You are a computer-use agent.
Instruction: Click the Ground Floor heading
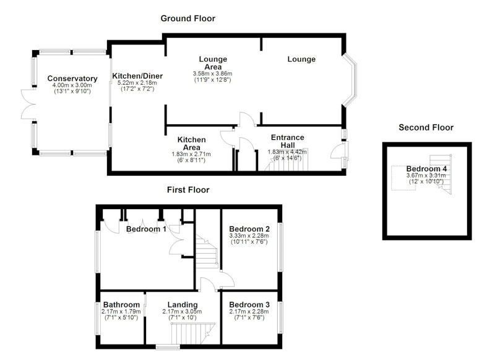(x=188, y=19)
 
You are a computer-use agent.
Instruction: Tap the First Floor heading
(x=188, y=190)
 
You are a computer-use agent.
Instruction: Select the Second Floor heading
(x=426, y=127)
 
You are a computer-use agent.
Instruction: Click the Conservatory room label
(x=72, y=78)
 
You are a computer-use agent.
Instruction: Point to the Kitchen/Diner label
(x=137, y=76)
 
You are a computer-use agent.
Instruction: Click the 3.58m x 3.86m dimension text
(x=212, y=74)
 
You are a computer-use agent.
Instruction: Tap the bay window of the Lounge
(x=350, y=80)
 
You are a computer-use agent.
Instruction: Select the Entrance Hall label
(x=288, y=141)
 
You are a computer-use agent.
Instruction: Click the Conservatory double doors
(x=28, y=104)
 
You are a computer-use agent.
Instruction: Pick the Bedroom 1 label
(x=146, y=229)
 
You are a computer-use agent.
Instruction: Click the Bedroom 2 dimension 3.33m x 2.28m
(x=249, y=236)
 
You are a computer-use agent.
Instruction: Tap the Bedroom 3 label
(x=249, y=304)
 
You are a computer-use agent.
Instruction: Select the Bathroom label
(x=121, y=304)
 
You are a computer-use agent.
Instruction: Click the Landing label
(x=183, y=304)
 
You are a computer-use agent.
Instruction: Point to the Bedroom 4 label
(x=426, y=169)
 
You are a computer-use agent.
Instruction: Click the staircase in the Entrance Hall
(x=286, y=160)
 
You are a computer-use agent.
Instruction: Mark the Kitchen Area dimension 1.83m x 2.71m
(x=191, y=154)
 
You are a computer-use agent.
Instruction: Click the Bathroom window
(x=98, y=318)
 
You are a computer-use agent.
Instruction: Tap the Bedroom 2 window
(x=280, y=247)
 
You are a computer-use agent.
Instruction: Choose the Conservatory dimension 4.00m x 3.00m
(x=72, y=85)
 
